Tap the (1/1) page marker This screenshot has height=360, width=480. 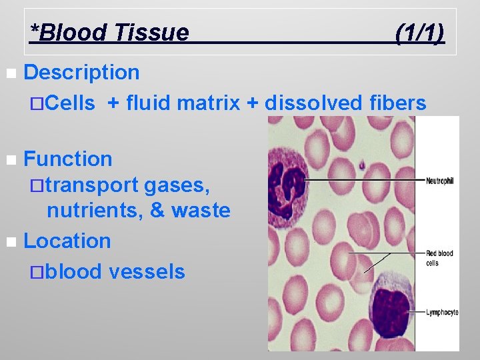[419, 31]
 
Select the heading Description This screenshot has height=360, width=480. [81, 72]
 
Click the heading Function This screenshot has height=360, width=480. [68, 159]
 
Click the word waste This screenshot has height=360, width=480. [201, 211]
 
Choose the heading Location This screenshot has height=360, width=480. [67, 241]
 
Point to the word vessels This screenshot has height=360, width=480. [147, 271]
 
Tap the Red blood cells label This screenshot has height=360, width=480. [439, 257]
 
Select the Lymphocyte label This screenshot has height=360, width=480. [441, 312]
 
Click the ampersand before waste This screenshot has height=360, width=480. [158, 211]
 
